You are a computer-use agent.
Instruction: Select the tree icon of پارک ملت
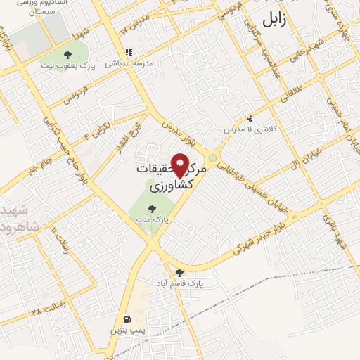[152, 208]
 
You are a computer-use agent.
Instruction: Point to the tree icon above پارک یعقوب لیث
[67, 54]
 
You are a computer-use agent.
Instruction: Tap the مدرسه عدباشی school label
[129, 63]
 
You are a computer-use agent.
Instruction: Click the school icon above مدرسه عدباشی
[128, 52]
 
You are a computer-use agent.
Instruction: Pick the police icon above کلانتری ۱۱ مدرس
[250, 118]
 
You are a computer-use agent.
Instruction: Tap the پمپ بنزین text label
[126, 328]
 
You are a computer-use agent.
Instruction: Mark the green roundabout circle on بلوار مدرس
[212, 157]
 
